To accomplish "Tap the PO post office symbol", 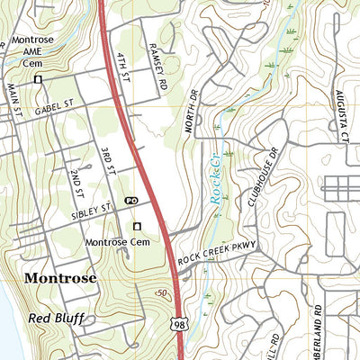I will [x=132, y=200].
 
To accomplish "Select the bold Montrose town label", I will [x=60, y=278].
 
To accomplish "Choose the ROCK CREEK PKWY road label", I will [x=217, y=251].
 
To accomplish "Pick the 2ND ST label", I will [x=79, y=183].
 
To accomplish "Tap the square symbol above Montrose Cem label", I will [x=138, y=226].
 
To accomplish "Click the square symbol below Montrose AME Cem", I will [x=38, y=80].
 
